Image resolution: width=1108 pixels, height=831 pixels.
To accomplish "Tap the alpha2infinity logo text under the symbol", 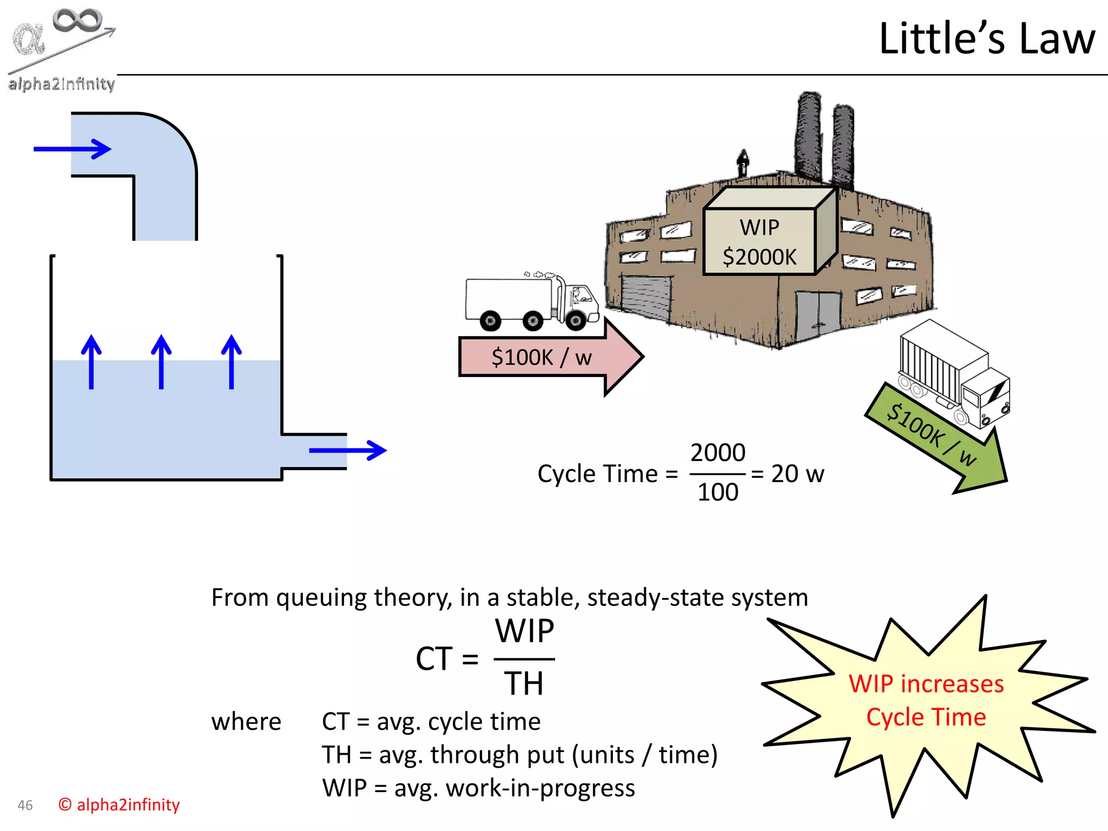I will click(61, 84).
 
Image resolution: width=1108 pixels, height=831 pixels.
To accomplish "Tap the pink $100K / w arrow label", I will click(541, 358).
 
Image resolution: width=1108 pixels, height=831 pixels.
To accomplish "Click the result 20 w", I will click(797, 474).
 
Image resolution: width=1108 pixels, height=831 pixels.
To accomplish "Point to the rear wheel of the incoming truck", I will click(490, 321).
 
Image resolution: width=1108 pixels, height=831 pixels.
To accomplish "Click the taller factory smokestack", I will click(809, 135).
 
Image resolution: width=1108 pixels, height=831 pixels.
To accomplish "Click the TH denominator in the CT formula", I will click(523, 683).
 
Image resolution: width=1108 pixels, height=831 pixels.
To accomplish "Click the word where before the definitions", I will click(246, 722).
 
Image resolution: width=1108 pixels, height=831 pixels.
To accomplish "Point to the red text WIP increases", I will click(926, 684).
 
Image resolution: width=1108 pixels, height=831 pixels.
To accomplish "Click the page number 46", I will click(25, 805).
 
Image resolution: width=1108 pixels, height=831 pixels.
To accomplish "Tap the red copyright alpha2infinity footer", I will click(119, 804).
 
